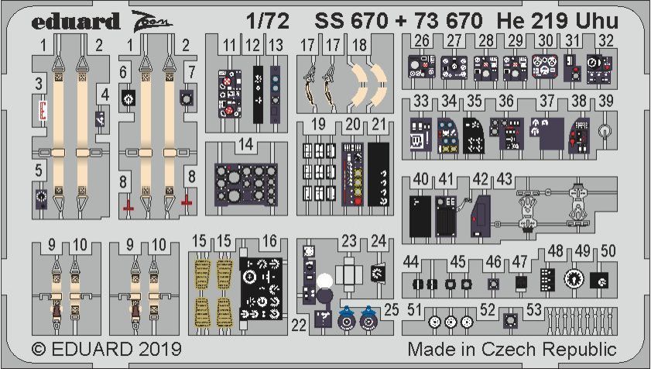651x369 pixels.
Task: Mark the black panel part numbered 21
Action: [379, 174]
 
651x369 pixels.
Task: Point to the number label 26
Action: [422, 41]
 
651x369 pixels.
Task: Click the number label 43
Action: [505, 179]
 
